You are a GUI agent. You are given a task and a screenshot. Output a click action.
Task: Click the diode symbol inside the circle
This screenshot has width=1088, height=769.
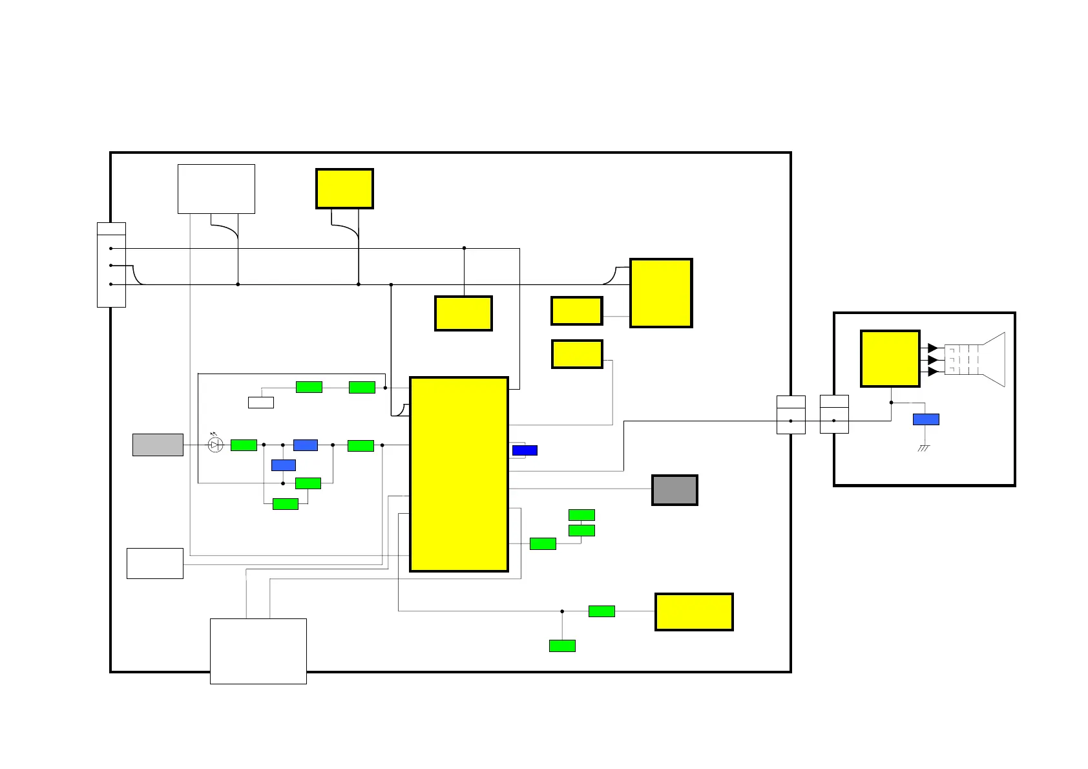click(215, 445)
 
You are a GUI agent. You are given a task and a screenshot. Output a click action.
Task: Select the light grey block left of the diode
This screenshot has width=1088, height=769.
click(158, 445)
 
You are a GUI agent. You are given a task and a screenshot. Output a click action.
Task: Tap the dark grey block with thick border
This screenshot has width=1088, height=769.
click(675, 490)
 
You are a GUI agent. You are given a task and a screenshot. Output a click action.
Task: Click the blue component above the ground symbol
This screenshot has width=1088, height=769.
click(926, 419)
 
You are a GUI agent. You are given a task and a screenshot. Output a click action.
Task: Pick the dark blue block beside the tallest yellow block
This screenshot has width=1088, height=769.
click(525, 450)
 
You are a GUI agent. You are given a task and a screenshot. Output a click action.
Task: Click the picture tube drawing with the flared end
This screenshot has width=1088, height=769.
click(976, 360)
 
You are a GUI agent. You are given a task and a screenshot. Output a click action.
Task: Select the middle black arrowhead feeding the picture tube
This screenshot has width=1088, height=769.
click(932, 360)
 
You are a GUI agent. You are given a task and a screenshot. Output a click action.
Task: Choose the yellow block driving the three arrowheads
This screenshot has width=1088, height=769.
click(890, 359)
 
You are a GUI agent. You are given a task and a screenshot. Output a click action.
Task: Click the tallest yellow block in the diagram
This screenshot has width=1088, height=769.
click(459, 474)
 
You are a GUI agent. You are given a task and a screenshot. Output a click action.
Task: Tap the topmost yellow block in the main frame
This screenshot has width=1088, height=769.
click(344, 189)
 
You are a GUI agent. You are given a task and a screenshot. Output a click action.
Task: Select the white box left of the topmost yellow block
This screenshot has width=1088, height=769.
click(216, 189)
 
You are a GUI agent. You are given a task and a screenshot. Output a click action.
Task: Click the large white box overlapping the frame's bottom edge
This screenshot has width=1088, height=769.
click(258, 651)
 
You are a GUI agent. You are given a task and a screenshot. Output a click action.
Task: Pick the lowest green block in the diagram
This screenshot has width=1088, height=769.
click(562, 646)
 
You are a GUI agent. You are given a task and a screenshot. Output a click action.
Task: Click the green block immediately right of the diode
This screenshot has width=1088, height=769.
click(244, 445)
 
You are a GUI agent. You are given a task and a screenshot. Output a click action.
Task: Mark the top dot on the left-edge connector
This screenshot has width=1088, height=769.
click(111, 248)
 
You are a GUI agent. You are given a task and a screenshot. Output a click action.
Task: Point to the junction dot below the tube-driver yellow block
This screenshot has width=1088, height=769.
click(891, 403)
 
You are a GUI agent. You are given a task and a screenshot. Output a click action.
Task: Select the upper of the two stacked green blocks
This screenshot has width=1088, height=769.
click(581, 515)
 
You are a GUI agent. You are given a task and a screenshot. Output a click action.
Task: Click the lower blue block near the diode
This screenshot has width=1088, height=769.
click(284, 465)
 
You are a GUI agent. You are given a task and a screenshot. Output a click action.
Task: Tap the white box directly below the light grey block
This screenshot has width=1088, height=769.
click(155, 564)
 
